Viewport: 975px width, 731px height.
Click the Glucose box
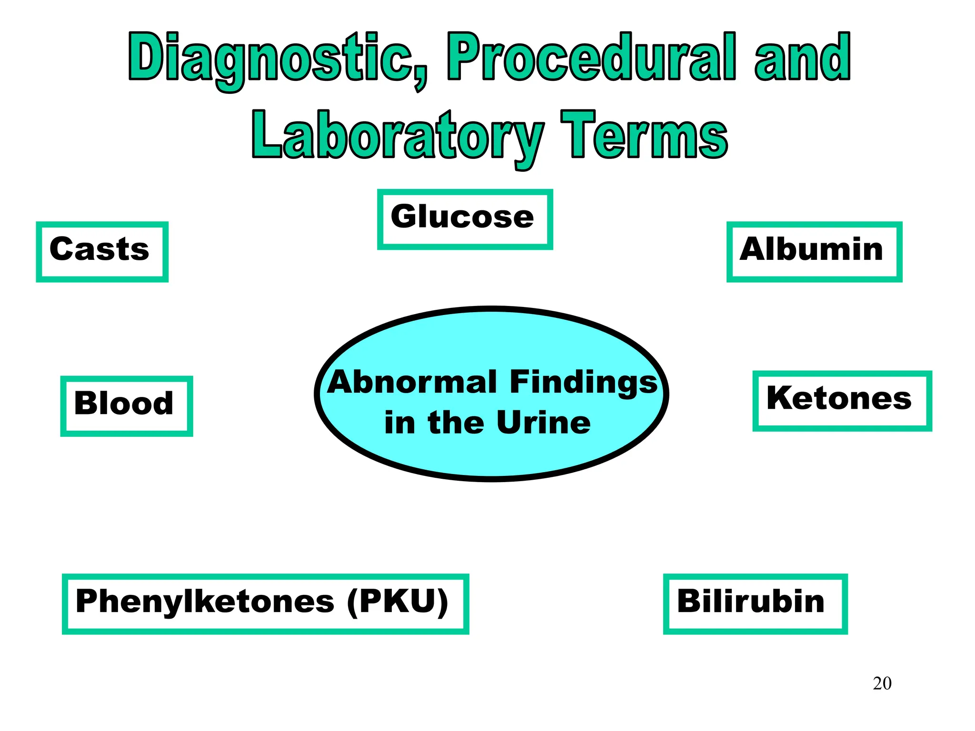[x=465, y=219]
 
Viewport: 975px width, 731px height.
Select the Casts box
[x=102, y=251]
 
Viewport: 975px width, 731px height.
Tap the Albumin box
[x=814, y=251]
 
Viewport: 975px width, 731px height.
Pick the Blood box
[x=126, y=405]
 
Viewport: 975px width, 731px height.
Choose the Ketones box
[x=842, y=401]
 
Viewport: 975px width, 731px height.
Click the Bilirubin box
[x=755, y=603]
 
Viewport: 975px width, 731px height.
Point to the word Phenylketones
[x=205, y=602]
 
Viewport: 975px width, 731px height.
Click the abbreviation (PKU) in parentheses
[x=398, y=602]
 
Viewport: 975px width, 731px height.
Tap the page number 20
[x=882, y=683]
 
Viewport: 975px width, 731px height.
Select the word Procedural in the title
[x=590, y=57]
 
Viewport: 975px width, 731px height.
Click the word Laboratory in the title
[x=398, y=136]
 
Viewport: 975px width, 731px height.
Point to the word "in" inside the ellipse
[x=399, y=423]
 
